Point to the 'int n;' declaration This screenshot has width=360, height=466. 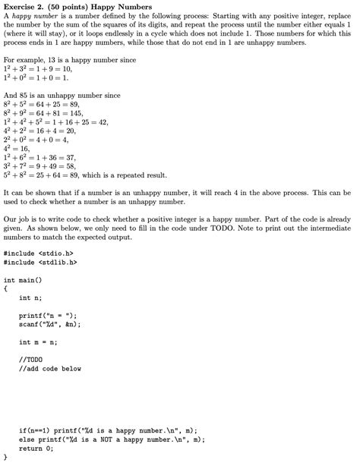pos(30,298)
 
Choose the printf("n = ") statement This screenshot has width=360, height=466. pos(48,315)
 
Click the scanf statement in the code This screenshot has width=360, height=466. pos(49,324)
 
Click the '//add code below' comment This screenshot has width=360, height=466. pos(49,369)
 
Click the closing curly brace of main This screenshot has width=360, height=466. pos(5,458)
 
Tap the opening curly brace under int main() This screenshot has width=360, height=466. pos(5,288)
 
